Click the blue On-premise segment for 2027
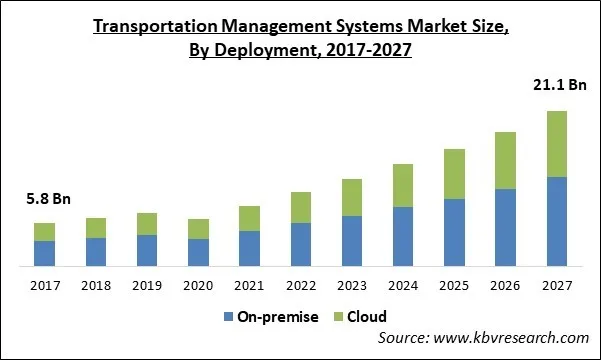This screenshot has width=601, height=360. [x=557, y=221]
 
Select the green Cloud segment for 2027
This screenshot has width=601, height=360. [x=557, y=144]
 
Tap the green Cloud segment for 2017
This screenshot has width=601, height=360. [x=44, y=232]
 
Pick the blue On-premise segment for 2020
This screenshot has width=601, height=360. [x=198, y=252]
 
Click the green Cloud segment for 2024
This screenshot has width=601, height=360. [x=403, y=186]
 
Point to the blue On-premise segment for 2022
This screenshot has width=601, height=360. [x=301, y=244]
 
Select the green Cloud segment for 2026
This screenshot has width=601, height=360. [x=506, y=160]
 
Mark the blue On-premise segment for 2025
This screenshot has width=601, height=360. [x=455, y=232]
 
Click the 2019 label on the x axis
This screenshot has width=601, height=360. [x=147, y=286]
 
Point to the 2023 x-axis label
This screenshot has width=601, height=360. [x=352, y=286]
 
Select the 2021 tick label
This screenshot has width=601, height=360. [x=250, y=286]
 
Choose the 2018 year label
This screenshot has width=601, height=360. [x=96, y=286]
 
